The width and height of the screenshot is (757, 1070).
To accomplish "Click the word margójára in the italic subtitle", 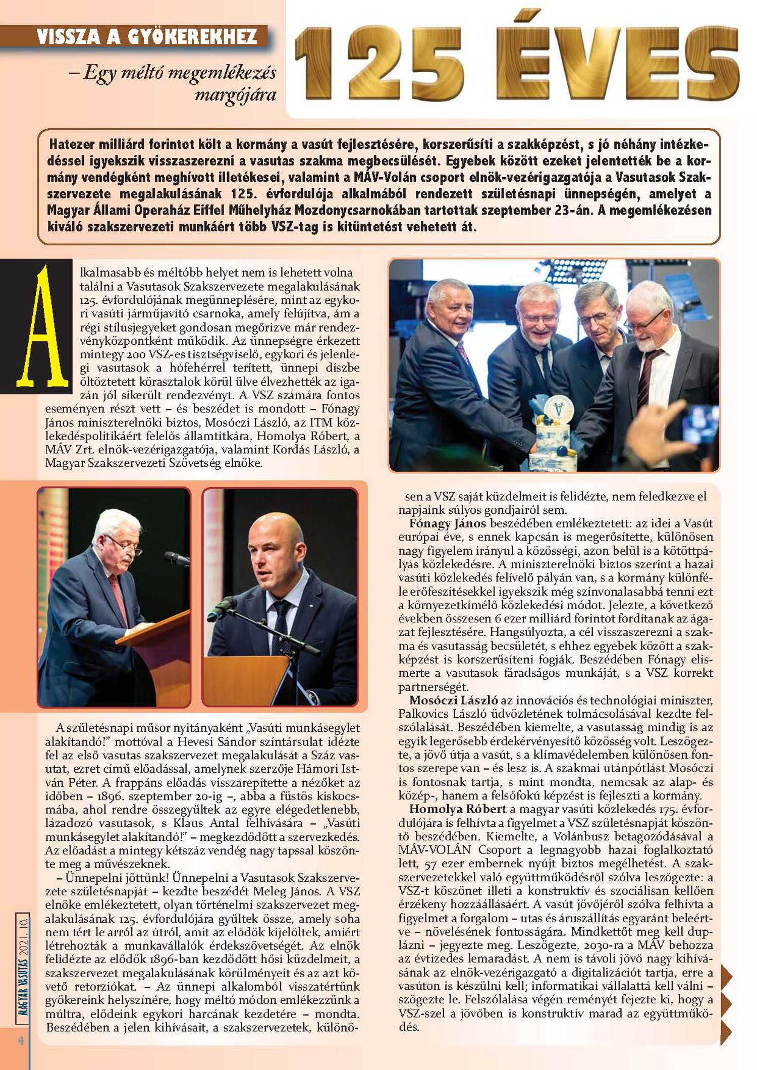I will [235, 95].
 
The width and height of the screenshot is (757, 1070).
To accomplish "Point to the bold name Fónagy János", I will [448, 523].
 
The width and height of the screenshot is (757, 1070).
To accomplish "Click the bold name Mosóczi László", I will [454, 700].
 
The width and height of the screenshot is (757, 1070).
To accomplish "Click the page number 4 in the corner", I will [21, 1040].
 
